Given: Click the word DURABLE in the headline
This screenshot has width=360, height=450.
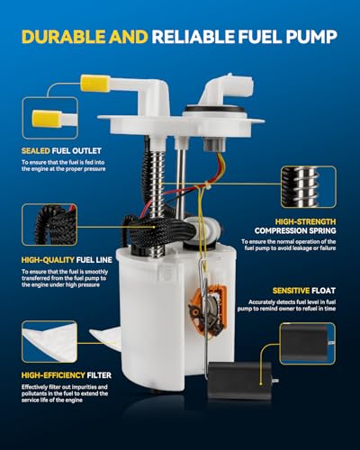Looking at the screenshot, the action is click(x=64, y=37).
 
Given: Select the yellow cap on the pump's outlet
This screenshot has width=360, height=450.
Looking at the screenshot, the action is click(x=93, y=84).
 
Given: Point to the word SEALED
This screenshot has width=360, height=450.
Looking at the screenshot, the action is click(x=36, y=151).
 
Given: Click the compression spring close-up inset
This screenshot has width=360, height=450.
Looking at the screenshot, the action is click(x=309, y=187).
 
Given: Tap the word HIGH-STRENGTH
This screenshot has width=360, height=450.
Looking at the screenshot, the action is click(x=305, y=221).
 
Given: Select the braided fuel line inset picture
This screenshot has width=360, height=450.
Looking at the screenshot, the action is click(x=49, y=225).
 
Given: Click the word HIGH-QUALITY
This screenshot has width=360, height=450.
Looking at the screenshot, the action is click(x=48, y=260).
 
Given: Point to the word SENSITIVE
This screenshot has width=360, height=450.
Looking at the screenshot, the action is click(x=291, y=291).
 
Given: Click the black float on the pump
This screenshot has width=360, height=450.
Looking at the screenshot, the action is click(x=240, y=380).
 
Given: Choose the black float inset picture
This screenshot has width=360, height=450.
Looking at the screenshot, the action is click(x=308, y=344).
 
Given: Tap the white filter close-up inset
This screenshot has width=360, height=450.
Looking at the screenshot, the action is click(x=49, y=342).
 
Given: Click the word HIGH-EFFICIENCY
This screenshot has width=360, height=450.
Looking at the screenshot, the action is click(x=53, y=375).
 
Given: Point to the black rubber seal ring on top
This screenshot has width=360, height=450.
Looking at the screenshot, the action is click(x=215, y=112).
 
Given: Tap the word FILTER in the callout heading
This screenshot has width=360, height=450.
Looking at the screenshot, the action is click(x=99, y=375).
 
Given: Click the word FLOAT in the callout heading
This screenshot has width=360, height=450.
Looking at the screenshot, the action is click(x=323, y=291).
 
